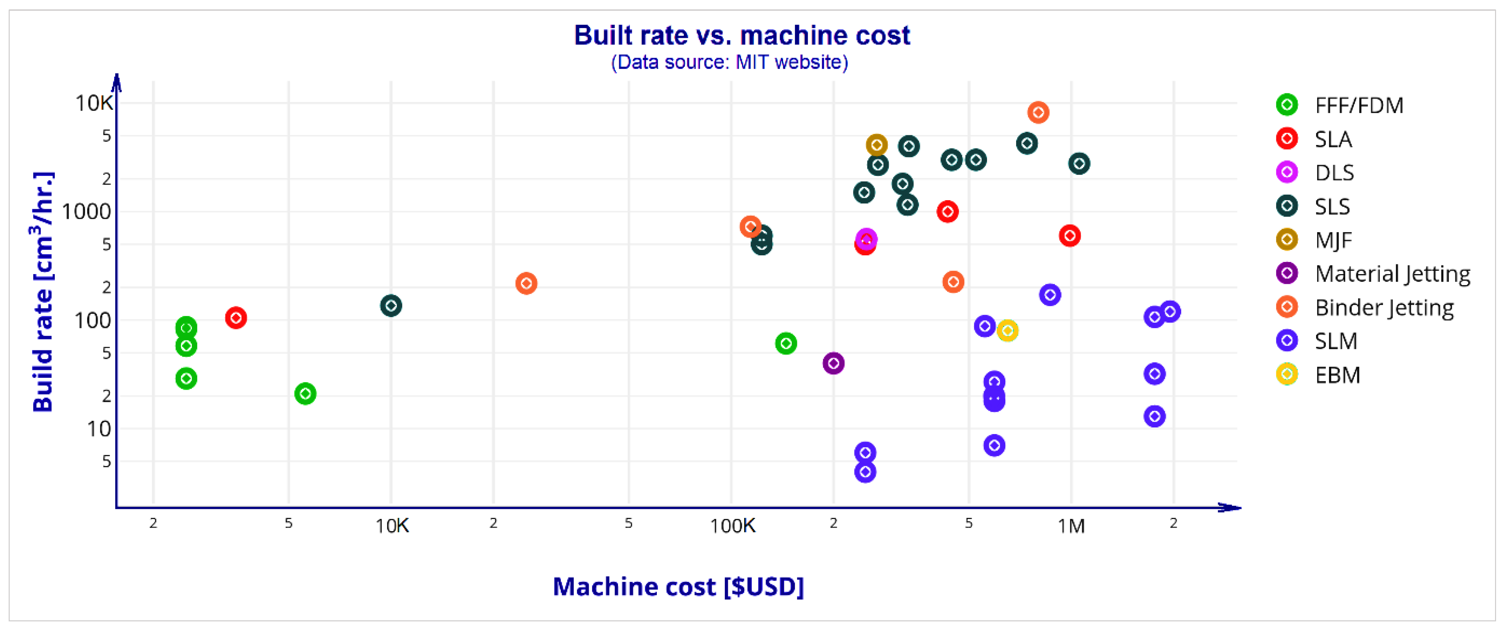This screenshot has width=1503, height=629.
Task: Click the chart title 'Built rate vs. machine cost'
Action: tap(741, 36)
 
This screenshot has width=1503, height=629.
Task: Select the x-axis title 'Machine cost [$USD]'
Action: tap(678, 586)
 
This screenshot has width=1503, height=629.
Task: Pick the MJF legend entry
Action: tap(1333, 240)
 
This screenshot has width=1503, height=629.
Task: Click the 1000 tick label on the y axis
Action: tap(86, 212)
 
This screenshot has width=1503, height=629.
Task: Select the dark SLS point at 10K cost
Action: tap(391, 306)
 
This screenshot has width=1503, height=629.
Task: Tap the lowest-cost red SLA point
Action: tap(236, 318)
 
